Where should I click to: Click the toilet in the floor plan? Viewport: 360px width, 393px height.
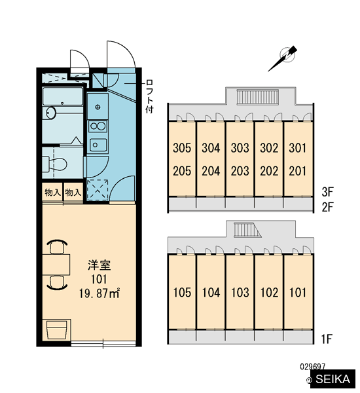pyautogui.click(x=55, y=164)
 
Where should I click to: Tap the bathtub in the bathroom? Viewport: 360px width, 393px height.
pyautogui.click(x=63, y=96)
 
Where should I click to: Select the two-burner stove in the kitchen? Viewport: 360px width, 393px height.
pyautogui.click(x=98, y=126)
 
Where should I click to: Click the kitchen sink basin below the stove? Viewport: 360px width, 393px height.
pyautogui.click(x=98, y=145)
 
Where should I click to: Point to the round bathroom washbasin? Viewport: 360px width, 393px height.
pyautogui.click(x=51, y=113)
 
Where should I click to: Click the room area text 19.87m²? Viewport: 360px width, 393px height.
pyautogui.click(x=99, y=293)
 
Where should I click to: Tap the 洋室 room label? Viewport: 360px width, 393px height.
pyautogui.click(x=99, y=265)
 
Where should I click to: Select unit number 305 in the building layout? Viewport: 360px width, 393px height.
pyautogui.click(x=182, y=147)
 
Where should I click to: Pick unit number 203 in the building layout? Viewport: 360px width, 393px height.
pyautogui.click(x=240, y=171)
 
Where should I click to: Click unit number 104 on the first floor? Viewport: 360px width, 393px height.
pyautogui.click(x=211, y=293)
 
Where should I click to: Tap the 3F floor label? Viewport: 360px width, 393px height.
pyautogui.click(x=327, y=192)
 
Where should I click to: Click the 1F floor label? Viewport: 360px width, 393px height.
pyautogui.click(x=327, y=339)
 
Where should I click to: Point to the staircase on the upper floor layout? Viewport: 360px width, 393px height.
pyautogui.click(x=257, y=98)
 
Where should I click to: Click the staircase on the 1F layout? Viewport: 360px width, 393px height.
pyautogui.click(x=247, y=230)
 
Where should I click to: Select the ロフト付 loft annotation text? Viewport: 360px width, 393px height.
pyautogui.click(x=149, y=96)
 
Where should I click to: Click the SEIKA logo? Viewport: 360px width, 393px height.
pyautogui.click(x=333, y=379)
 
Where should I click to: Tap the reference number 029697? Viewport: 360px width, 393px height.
pyautogui.click(x=312, y=367)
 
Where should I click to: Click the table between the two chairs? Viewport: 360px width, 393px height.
pyautogui.click(x=56, y=265)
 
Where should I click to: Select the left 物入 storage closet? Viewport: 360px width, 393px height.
pyautogui.click(x=52, y=192)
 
